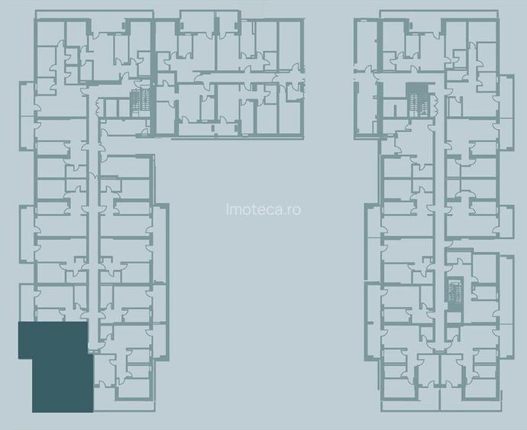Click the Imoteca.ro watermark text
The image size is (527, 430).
tap(263, 209)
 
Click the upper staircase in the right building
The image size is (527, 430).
tap(414, 96)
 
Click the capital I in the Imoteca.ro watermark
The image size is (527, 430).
tap(228, 209)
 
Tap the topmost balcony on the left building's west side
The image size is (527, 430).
tap(26, 103)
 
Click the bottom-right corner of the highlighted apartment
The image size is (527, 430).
tap(92, 411)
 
